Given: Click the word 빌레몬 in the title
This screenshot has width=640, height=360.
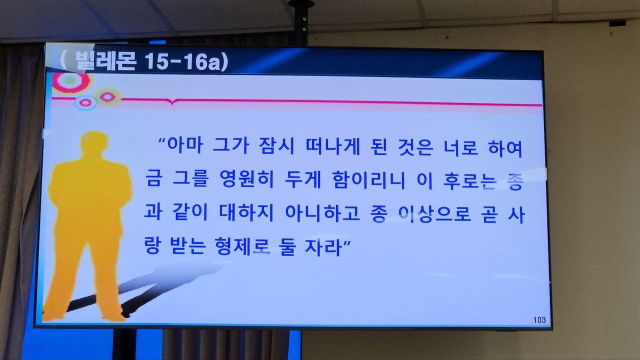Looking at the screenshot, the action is click(105, 61).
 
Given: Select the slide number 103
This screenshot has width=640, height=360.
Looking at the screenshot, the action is click(539, 320).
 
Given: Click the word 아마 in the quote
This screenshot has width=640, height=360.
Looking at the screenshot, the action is click(185, 145).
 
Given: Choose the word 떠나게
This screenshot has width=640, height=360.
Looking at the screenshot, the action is click(332, 146).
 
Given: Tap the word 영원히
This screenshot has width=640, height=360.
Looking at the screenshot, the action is click(247, 179).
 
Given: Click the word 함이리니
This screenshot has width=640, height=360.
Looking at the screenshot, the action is click(369, 180).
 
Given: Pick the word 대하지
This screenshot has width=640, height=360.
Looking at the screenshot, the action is click(246, 212).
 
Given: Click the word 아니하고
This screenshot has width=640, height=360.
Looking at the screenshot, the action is click(322, 213).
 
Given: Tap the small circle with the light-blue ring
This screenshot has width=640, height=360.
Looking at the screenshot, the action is click(85, 102).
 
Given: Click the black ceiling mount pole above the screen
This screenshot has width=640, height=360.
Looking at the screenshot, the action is click(301, 17).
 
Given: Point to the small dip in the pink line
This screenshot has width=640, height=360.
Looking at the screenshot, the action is click(171, 101).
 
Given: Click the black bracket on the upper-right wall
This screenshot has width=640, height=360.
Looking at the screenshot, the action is click(617, 23).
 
